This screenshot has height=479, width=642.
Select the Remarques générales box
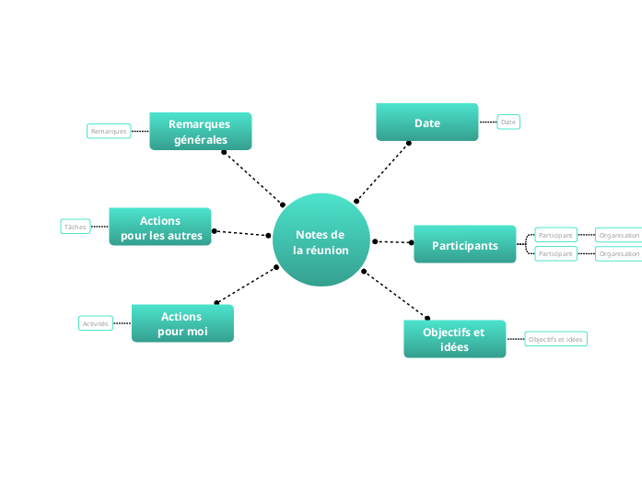[200, 132]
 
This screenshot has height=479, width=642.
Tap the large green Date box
[426, 123]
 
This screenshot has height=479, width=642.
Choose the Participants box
[464, 245]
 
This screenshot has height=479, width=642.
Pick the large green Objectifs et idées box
[454, 339]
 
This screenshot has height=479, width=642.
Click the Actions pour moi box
[182, 323]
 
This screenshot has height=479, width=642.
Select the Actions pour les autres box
[160, 228]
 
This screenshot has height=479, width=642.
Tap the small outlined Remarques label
[108, 132]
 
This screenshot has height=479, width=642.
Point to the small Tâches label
[76, 227]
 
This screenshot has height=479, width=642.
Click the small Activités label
[96, 323]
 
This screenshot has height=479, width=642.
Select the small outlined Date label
[508, 122]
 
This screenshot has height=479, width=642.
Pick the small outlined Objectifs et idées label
[555, 339]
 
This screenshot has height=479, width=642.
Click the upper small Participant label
[555, 235]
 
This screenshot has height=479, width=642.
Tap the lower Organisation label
[619, 253]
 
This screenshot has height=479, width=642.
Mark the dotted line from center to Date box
[382, 172]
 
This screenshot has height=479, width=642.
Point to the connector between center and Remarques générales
[253, 178]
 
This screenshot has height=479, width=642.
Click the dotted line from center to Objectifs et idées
[395, 295]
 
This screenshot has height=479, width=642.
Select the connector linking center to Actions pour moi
[247, 285]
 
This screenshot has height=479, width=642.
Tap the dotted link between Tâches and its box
[99, 227]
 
